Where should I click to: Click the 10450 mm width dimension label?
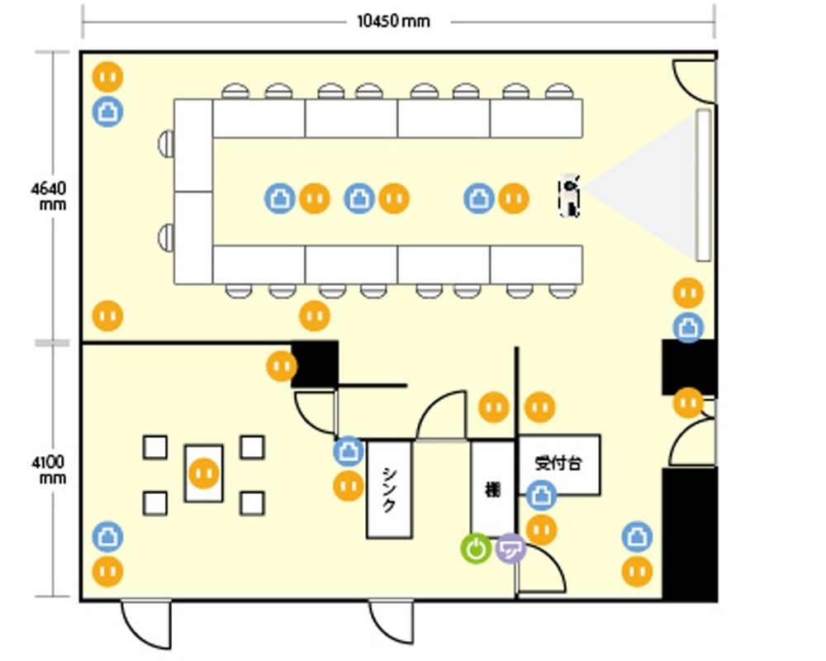(393, 21)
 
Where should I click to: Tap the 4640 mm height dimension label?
(49, 196)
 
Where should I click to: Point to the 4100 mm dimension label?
(49, 469)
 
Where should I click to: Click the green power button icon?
(477, 549)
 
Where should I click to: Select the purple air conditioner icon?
(510, 548)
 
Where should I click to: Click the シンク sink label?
(389, 490)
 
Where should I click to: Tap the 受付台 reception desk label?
(558, 464)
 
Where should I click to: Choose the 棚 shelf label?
(492, 490)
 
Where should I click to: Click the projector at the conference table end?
(569, 195)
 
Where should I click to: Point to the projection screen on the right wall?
(703, 185)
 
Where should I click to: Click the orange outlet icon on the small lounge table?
(204, 473)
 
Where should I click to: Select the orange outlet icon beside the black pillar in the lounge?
(282, 366)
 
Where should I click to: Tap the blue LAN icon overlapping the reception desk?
(542, 496)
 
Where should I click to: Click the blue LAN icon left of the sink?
(349, 451)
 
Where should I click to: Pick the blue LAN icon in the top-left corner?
(108, 112)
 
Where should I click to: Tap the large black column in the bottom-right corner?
(690, 534)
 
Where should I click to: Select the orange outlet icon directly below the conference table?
(315, 316)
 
